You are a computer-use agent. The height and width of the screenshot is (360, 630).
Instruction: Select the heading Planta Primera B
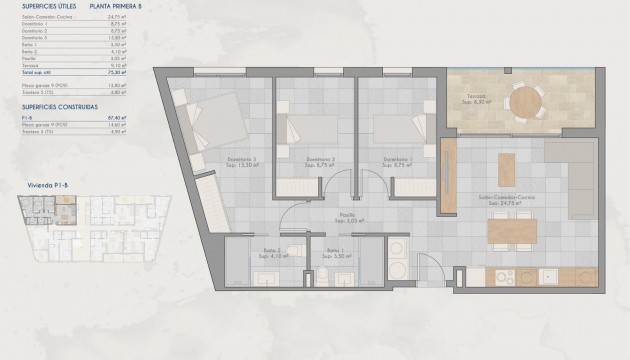[x=114, y=5]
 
